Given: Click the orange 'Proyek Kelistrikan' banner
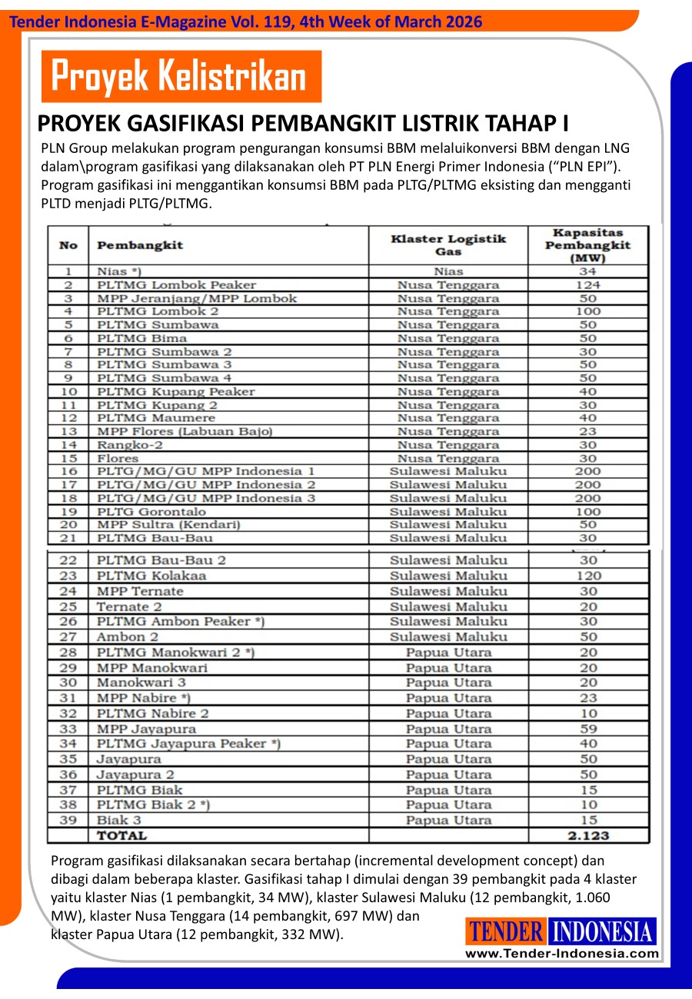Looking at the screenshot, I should [x=179, y=76].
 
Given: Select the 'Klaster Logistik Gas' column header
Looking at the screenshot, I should [x=448, y=245].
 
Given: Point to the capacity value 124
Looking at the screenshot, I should [x=588, y=284].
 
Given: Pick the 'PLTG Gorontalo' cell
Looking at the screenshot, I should [x=151, y=511].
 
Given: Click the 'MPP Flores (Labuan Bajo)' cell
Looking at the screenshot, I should [x=185, y=431].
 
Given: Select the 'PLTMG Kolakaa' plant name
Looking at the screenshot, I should [x=151, y=576].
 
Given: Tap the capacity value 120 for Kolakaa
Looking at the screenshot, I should [x=588, y=576].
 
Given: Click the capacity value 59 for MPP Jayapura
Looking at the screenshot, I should [x=588, y=729].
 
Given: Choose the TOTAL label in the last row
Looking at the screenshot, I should [x=121, y=835].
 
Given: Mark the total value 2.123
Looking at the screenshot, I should [x=588, y=835].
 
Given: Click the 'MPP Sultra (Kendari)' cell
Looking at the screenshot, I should [x=168, y=524].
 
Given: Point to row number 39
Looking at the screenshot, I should [x=68, y=820].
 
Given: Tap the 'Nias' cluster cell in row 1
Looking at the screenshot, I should [x=448, y=271].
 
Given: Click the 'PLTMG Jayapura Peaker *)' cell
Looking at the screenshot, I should [x=188, y=744].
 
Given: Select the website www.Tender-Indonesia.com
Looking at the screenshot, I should [x=562, y=954].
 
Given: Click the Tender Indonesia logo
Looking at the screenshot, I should [x=561, y=932].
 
